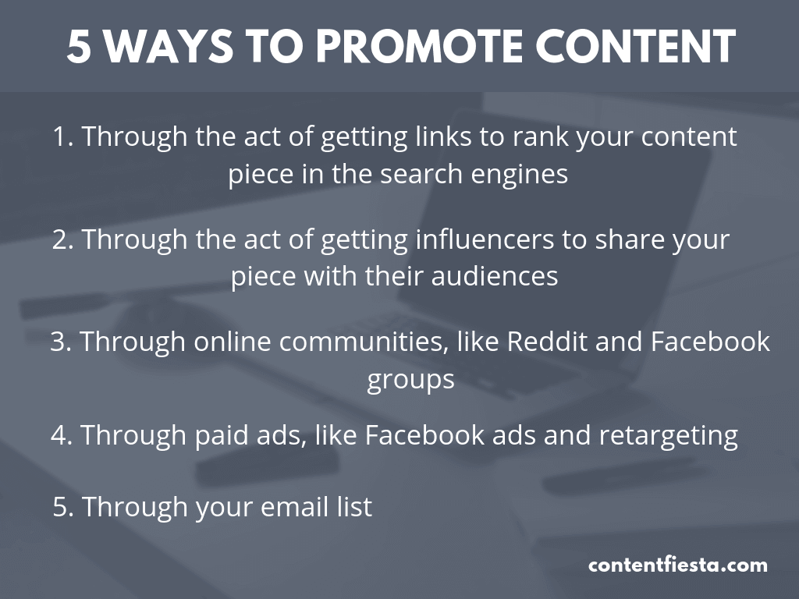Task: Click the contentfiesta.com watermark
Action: [677, 565]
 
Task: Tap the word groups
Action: [410, 380]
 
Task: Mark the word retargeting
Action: [668, 435]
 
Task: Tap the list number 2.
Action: [61, 239]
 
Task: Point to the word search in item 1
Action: [422, 174]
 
